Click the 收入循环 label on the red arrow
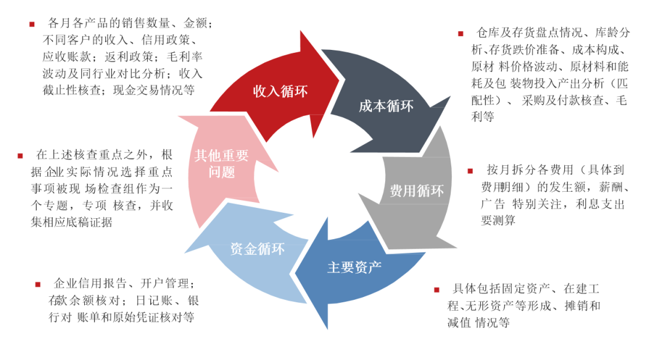[280, 91]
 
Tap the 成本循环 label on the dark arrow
[386, 106]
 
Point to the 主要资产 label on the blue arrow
[355, 267]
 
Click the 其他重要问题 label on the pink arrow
[221, 164]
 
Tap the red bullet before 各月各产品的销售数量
[32, 24]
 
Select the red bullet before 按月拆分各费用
[471, 171]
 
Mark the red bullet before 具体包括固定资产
[437, 290]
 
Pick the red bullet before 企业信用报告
[38, 284]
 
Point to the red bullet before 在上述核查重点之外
[20, 156]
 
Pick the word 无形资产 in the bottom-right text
[487, 306]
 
